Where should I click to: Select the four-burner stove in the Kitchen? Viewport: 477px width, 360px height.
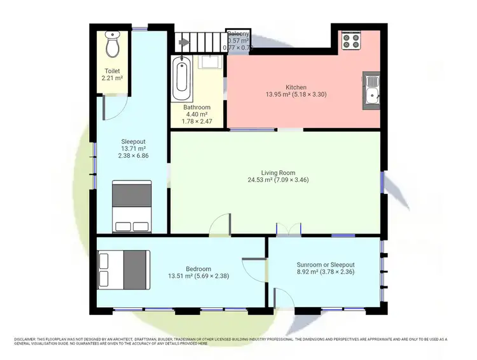351,41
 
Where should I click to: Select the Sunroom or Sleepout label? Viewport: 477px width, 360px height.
325,265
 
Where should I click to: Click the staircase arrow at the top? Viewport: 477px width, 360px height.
185,43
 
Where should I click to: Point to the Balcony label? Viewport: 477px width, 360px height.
239,34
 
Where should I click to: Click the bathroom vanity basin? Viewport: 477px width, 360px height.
209,62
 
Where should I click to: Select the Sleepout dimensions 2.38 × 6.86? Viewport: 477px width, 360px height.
132,155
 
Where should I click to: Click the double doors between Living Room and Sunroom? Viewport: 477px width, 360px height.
289,230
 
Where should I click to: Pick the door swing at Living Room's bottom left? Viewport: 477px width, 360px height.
221,225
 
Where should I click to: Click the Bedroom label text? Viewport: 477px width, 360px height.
199,268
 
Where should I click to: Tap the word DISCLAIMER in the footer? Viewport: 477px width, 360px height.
28,340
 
